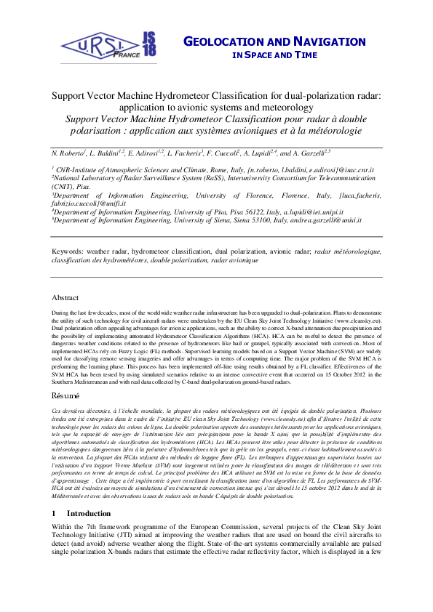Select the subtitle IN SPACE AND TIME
click(275, 55)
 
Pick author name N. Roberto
click(70, 153)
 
